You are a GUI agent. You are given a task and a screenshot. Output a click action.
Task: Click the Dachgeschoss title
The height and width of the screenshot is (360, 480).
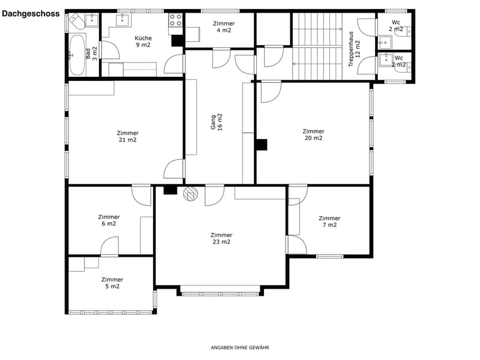tap(31, 14)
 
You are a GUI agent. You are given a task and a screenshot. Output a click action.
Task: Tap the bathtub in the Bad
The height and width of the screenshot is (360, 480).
tap(77, 55)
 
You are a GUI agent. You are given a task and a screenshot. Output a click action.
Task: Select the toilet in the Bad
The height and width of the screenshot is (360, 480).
tap(77, 22)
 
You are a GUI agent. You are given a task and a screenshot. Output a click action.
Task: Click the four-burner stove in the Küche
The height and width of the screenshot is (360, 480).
tap(176, 20)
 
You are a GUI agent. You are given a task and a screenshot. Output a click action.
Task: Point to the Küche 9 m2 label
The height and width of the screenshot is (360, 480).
tap(143, 41)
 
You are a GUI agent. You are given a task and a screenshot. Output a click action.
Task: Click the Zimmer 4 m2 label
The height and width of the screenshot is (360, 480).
tap(224, 26)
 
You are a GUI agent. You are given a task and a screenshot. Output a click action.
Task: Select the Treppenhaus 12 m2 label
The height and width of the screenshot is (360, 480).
tap(354, 49)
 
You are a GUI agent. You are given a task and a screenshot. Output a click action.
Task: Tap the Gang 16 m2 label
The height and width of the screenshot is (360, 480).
tap(217, 122)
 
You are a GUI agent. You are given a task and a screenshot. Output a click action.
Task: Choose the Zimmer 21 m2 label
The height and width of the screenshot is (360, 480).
tap(128, 136)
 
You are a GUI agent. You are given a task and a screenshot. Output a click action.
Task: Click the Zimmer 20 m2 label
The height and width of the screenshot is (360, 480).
tap(313, 134)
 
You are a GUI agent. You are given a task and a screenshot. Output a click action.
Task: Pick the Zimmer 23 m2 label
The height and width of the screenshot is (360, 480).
tap(221, 238)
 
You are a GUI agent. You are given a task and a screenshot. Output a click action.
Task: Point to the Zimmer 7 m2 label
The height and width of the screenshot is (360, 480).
tap(329, 221)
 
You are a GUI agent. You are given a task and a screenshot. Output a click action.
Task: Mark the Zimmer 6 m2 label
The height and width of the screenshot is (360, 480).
tap(109, 220)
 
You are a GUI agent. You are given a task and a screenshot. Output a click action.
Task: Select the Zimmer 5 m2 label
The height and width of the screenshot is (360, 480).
tap(112, 283)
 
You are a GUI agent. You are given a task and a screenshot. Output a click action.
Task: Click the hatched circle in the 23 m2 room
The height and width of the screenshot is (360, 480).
tap(190, 194)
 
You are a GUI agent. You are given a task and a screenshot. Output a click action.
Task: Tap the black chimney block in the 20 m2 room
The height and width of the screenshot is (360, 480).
tap(261, 145)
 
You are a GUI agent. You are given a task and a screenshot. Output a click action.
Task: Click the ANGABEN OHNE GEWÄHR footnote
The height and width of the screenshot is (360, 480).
tap(239, 347)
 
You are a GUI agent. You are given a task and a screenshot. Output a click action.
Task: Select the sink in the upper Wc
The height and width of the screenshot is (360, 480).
tap(385, 43)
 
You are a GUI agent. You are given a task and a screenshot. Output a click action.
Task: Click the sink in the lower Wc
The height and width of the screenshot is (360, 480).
tap(385, 60)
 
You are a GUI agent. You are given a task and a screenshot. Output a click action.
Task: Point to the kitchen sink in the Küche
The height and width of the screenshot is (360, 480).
tap(124, 20)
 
